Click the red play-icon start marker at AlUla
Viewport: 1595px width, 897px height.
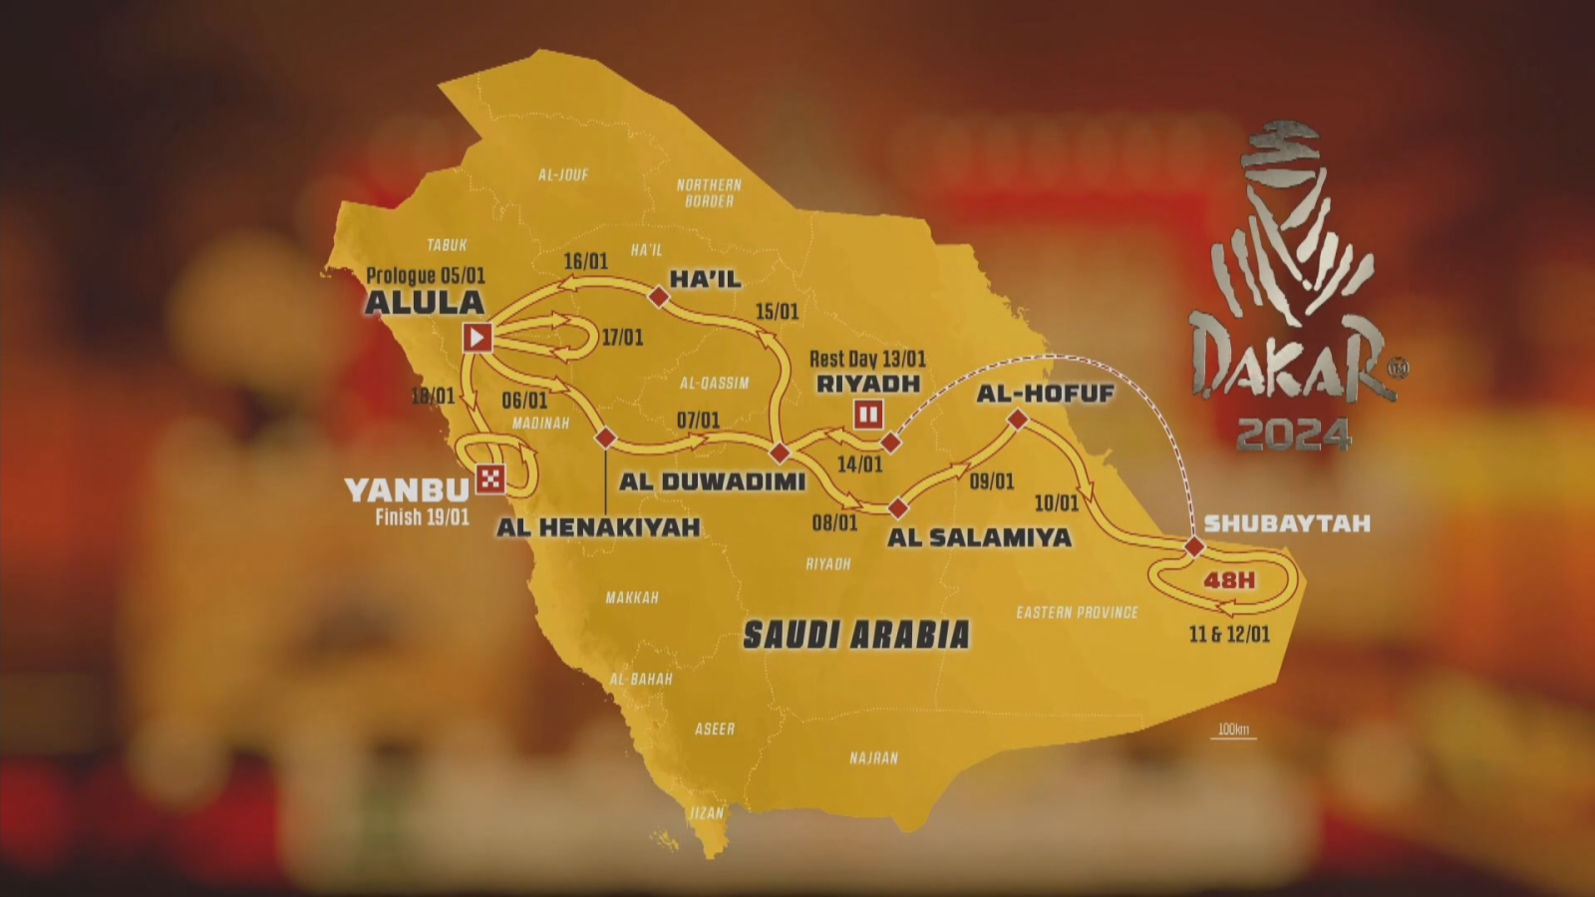tap(478, 338)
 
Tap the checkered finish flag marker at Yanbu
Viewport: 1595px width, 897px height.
tap(489, 479)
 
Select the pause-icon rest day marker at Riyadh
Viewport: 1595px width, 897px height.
tap(868, 414)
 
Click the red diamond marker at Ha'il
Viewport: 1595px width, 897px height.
tap(659, 296)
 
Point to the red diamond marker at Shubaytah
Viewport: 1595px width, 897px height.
tap(1194, 546)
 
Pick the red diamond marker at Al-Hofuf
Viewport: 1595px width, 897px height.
tap(1018, 420)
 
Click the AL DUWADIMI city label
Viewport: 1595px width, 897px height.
tap(712, 481)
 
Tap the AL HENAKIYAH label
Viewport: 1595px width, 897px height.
tap(598, 527)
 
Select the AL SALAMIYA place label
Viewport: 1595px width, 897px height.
tap(979, 537)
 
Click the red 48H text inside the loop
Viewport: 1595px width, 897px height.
tap(1229, 580)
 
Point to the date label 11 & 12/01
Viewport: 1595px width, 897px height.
tap(1229, 634)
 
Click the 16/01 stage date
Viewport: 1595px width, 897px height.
tap(585, 261)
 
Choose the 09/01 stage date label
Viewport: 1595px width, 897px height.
tap(992, 481)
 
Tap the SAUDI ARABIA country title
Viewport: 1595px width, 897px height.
tap(856, 635)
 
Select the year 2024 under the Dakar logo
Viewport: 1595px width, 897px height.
tap(1294, 435)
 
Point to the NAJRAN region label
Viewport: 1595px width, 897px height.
tap(873, 758)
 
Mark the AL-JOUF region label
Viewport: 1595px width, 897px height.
tap(563, 174)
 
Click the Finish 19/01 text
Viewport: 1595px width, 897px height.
tap(422, 517)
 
